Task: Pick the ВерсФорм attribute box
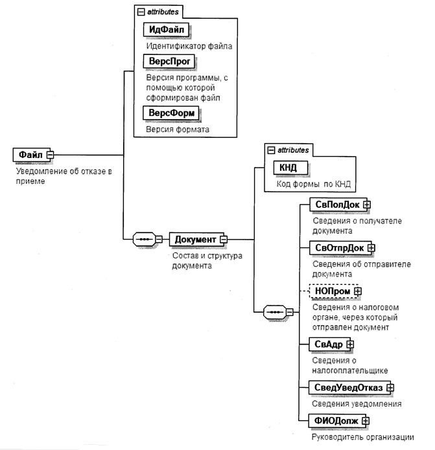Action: (172, 113)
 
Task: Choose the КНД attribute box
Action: (288, 168)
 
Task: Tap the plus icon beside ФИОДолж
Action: (366, 421)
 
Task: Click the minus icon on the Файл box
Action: (50, 155)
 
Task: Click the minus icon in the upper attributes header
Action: (141, 12)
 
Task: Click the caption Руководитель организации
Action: (362, 436)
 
